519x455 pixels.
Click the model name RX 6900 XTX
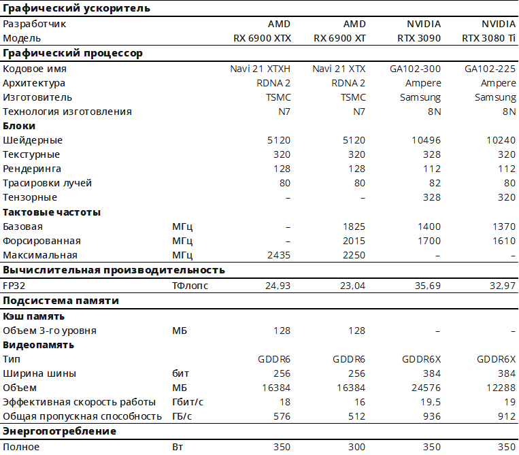point(262,38)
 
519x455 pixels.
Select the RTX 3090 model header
point(419,38)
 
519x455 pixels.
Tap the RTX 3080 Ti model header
point(489,38)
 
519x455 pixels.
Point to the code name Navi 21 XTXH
point(261,69)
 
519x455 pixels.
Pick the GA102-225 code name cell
point(490,69)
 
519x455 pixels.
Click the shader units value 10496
point(426,140)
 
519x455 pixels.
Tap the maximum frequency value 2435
point(279,255)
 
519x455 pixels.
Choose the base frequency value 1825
point(354,226)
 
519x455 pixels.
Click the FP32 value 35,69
point(426,286)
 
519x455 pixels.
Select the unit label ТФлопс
point(190,286)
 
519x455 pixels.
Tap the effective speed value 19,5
point(431,402)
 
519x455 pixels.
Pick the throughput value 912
point(507,416)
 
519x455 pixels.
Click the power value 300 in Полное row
point(356,447)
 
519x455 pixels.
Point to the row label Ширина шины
point(39,373)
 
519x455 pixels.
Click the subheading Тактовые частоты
point(52,212)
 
